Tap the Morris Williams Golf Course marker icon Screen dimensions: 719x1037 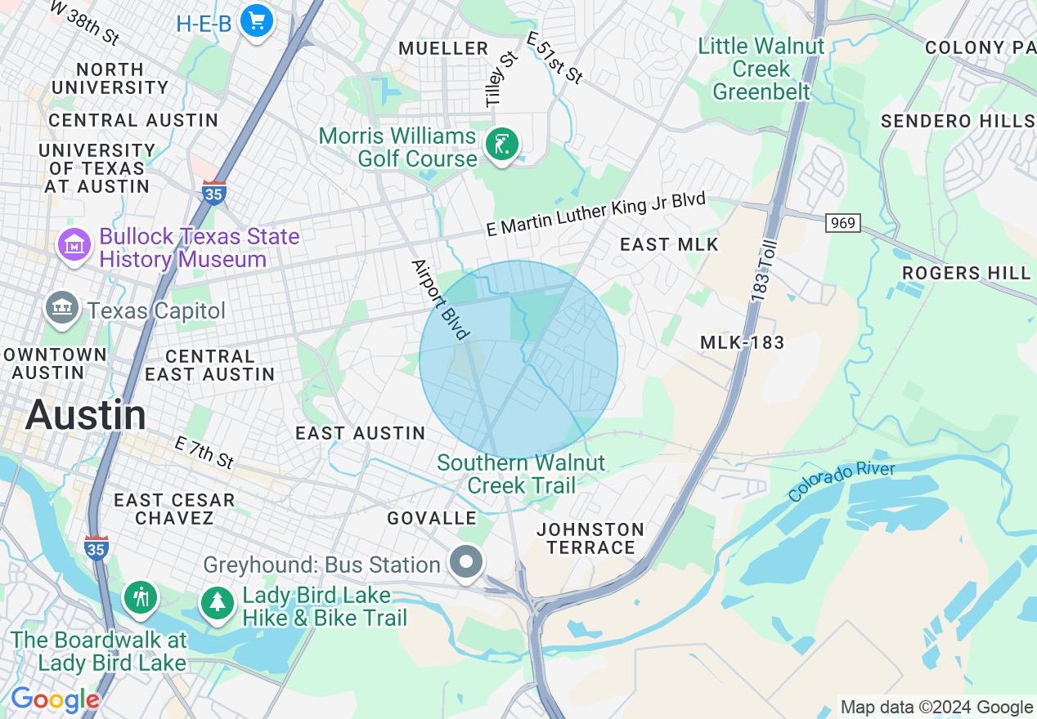click(501, 145)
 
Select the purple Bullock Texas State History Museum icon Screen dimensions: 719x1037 click(74, 244)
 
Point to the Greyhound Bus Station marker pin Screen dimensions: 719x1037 click(466, 562)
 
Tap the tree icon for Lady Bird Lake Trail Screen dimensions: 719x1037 click(218, 604)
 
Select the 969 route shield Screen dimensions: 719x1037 click(842, 223)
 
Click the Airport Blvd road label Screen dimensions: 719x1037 click(441, 299)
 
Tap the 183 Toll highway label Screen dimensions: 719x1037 click(761, 269)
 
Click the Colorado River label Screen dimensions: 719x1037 click(842, 481)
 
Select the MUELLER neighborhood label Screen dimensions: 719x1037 click(443, 49)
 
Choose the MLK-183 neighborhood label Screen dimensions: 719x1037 click(742, 343)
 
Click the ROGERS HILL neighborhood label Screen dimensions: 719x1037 click(966, 273)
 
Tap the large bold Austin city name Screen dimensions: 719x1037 click(86, 415)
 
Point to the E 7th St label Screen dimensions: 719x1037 click(204, 452)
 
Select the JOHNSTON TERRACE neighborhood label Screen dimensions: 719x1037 click(590, 538)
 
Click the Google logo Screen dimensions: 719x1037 click(55, 700)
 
